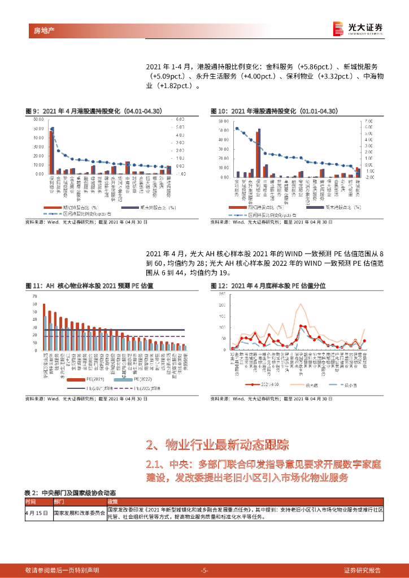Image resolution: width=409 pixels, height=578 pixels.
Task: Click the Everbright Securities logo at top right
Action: point(358,28)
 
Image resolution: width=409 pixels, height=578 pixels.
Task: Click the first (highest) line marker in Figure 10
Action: point(237,129)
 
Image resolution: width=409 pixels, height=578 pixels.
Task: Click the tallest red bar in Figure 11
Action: point(44,327)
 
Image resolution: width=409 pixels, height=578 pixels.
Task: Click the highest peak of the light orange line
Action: point(302,305)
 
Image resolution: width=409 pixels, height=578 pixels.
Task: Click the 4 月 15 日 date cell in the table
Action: point(37,513)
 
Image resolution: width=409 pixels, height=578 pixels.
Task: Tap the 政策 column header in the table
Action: point(112,501)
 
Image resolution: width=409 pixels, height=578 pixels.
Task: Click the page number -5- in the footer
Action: point(204,570)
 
